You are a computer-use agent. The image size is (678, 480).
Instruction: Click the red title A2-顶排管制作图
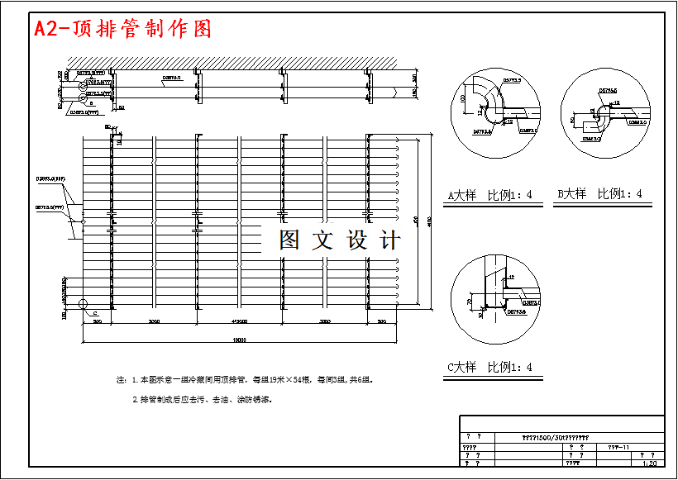(122, 29)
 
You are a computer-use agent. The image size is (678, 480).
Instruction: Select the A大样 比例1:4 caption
(490, 196)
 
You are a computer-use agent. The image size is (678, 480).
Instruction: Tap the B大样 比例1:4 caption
(599, 194)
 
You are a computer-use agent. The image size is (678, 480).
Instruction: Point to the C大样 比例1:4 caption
(490, 368)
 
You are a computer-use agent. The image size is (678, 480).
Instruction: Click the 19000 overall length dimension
(240, 340)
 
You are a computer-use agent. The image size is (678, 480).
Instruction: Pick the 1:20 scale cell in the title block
(650, 463)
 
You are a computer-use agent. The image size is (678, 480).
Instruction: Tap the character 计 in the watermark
(389, 240)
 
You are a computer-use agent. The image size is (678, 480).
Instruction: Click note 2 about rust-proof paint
(203, 399)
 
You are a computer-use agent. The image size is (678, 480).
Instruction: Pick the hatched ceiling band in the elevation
(232, 64)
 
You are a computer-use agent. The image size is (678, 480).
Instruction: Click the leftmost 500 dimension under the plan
(97, 321)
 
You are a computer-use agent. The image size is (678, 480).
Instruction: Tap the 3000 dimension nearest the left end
(154, 321)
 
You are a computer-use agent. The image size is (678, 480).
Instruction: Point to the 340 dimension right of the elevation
(414, 78)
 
